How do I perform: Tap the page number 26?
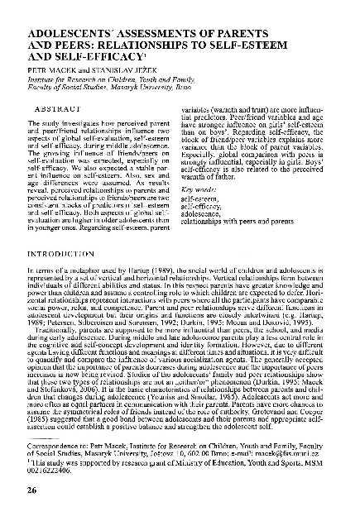point(31,491)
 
